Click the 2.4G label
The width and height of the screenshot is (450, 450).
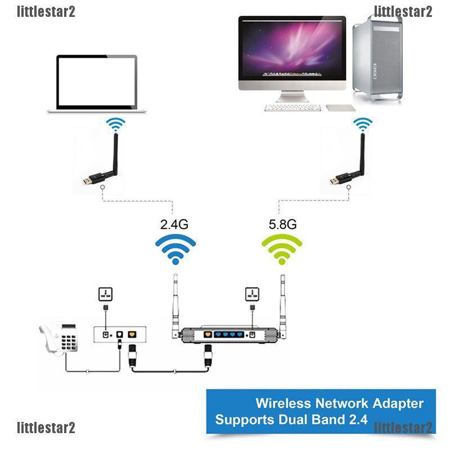click(174, 224)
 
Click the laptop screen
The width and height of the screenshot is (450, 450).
click(97, 82)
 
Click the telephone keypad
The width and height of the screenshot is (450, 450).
click(70, 340)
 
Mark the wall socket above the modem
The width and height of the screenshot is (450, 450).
click(105, 293)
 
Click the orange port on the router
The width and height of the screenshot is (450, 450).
click(207, 335)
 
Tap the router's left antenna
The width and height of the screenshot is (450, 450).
click(175, 304)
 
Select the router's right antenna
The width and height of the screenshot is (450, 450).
click(281, 304)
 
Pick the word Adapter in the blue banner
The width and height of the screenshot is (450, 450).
click(396, 403)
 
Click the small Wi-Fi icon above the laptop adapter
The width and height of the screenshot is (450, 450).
click(116, 123)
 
